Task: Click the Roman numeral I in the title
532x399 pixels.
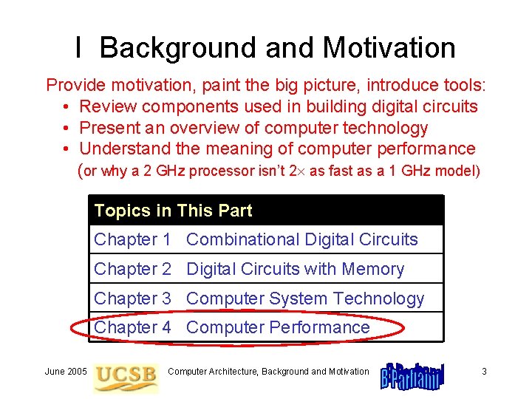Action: point(78,48)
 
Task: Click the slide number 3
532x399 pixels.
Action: point(484,372)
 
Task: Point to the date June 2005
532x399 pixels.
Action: point(66,372)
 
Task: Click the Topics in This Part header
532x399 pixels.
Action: point(173,211)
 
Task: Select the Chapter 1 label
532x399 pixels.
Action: point(132,239)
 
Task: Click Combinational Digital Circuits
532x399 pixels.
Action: point(302,239)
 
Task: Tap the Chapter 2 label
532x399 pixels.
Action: point(132,269)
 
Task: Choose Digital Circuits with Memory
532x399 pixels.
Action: point(296,269)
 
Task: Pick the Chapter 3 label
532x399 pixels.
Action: point(132,299)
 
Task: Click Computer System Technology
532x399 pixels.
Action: point(305,299)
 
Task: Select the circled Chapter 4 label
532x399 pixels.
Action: point(132,327)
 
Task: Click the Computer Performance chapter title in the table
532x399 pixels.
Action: point(278,327)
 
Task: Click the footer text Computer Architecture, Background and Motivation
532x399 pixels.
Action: point(268,372)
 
